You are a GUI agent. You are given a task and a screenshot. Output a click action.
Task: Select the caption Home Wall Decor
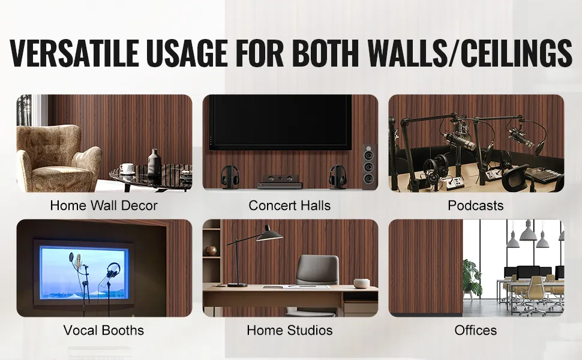pyautogui.click(x=104, y=205)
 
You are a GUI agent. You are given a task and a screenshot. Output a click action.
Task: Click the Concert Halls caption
pyautogui.click(x=290, y=205)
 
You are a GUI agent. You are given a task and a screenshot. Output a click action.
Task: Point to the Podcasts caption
pyautogui.click(x=475, y=205)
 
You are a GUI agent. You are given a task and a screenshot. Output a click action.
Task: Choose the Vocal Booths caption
pyautogui.click(x=104, y=330)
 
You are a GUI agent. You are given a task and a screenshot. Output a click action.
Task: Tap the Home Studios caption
pyautogui.click(x=290, y=330)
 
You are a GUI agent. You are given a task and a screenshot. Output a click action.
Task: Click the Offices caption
pyautogui.click(x=475, y=330)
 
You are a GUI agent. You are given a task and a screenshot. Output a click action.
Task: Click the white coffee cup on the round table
pyautogui.click(x=127, y=169)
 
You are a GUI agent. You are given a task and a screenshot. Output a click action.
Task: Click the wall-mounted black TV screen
pyautogui.click(x=280, y=122)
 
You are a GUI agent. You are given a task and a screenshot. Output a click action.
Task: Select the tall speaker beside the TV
pyautogui.click(x=370, y=166)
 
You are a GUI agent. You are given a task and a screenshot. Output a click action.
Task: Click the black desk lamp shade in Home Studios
pyautogui.click(x=269, y=235)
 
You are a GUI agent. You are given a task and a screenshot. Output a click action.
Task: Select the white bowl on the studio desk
pyautogui.click(x=361, y=283)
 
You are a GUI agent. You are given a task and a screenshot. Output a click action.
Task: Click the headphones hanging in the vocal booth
pyautogui.click(x=113, y=271)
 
